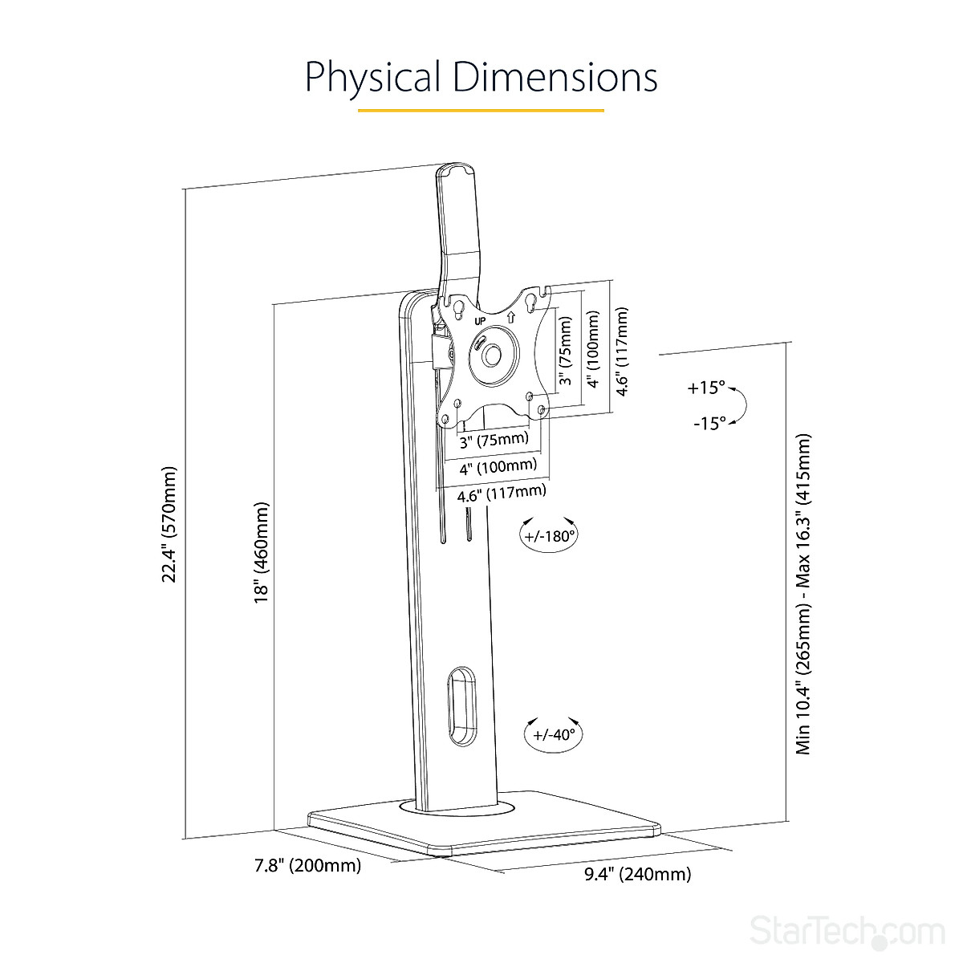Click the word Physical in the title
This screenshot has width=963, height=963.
click(372, 78)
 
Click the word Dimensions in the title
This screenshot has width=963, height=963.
click(554, 77)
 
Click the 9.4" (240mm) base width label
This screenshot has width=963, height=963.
click(637, 874)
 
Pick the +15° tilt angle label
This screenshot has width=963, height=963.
click(706, 388)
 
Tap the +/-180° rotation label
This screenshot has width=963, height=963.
click(550, 536)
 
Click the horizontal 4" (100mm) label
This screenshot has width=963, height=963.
click(498, 466)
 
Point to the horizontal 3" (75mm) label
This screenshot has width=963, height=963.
click(494, 440)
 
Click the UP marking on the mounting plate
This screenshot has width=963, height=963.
click(481, 321)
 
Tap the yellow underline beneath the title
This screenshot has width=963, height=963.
click(481, 110)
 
